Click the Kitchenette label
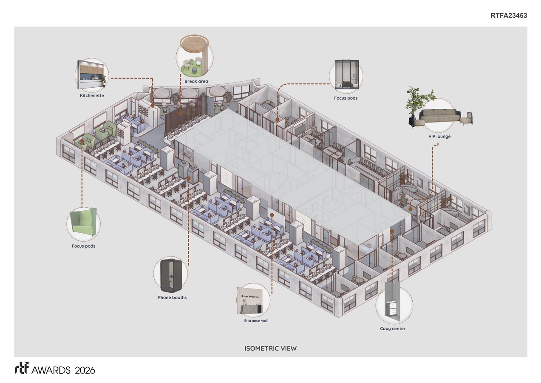[x=92, y=95]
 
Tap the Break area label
[x=196, y=81]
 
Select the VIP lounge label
[x=439, y=136]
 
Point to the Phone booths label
[x=172, y=297]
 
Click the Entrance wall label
[x=256, y=320]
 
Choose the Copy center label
[x=392, y=329]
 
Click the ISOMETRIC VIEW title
[x=270, y=349]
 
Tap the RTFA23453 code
[x=509, y=15]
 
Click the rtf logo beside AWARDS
[x=22, y=368]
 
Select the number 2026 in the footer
[x=85, y=370]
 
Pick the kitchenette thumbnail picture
[x=92, y=74]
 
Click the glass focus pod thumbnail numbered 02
[x=346, y=74]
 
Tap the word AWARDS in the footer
[x=51, y=370]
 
